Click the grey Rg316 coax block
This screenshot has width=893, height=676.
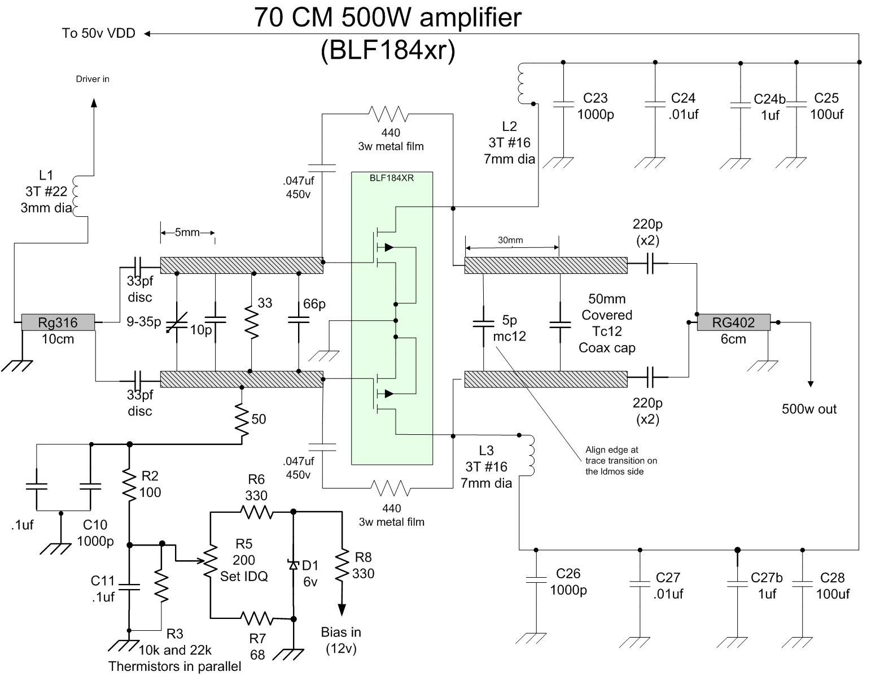point(58,322)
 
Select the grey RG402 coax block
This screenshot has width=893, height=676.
point(733,322)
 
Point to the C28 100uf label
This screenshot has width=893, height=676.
point(832,586)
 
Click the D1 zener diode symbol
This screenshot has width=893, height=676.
point(293,564)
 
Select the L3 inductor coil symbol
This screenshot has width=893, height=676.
point(531,455)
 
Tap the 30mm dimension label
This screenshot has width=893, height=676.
point(510,240)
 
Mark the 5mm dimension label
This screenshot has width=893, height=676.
point(187,232)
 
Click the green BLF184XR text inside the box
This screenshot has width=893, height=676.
point(391,178)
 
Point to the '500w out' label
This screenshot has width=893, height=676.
point(809,409)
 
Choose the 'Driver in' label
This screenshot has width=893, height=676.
point(93,79)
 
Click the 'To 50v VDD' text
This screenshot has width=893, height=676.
point(99,33)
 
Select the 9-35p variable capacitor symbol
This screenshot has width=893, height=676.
point(177,322)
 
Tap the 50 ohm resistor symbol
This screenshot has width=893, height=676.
point(242,418)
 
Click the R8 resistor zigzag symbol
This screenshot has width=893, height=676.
point(342,566)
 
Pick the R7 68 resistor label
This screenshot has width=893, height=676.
point(257,647)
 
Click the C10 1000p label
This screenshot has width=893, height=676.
point(95,533)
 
